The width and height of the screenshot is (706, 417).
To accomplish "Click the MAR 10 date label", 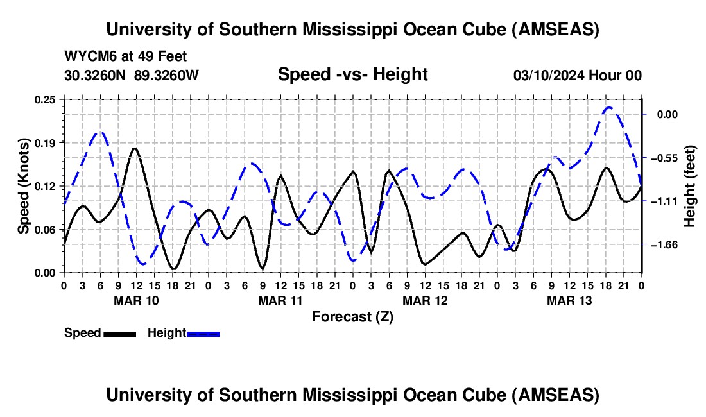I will point(136,300).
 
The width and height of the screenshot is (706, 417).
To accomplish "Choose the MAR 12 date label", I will point(425,300).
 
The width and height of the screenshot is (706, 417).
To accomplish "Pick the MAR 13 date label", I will point(569,300).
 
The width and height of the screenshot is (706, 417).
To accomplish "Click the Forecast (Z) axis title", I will point(352,316).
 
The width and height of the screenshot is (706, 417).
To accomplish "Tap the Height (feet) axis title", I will point(690,186).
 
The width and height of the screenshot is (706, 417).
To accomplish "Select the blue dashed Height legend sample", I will point(203,333).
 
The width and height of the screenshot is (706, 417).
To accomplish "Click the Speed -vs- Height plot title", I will point(352,74).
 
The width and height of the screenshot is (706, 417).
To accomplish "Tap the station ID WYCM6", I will point(86,56).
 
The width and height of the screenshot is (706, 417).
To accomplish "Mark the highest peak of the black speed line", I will point(135,148).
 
